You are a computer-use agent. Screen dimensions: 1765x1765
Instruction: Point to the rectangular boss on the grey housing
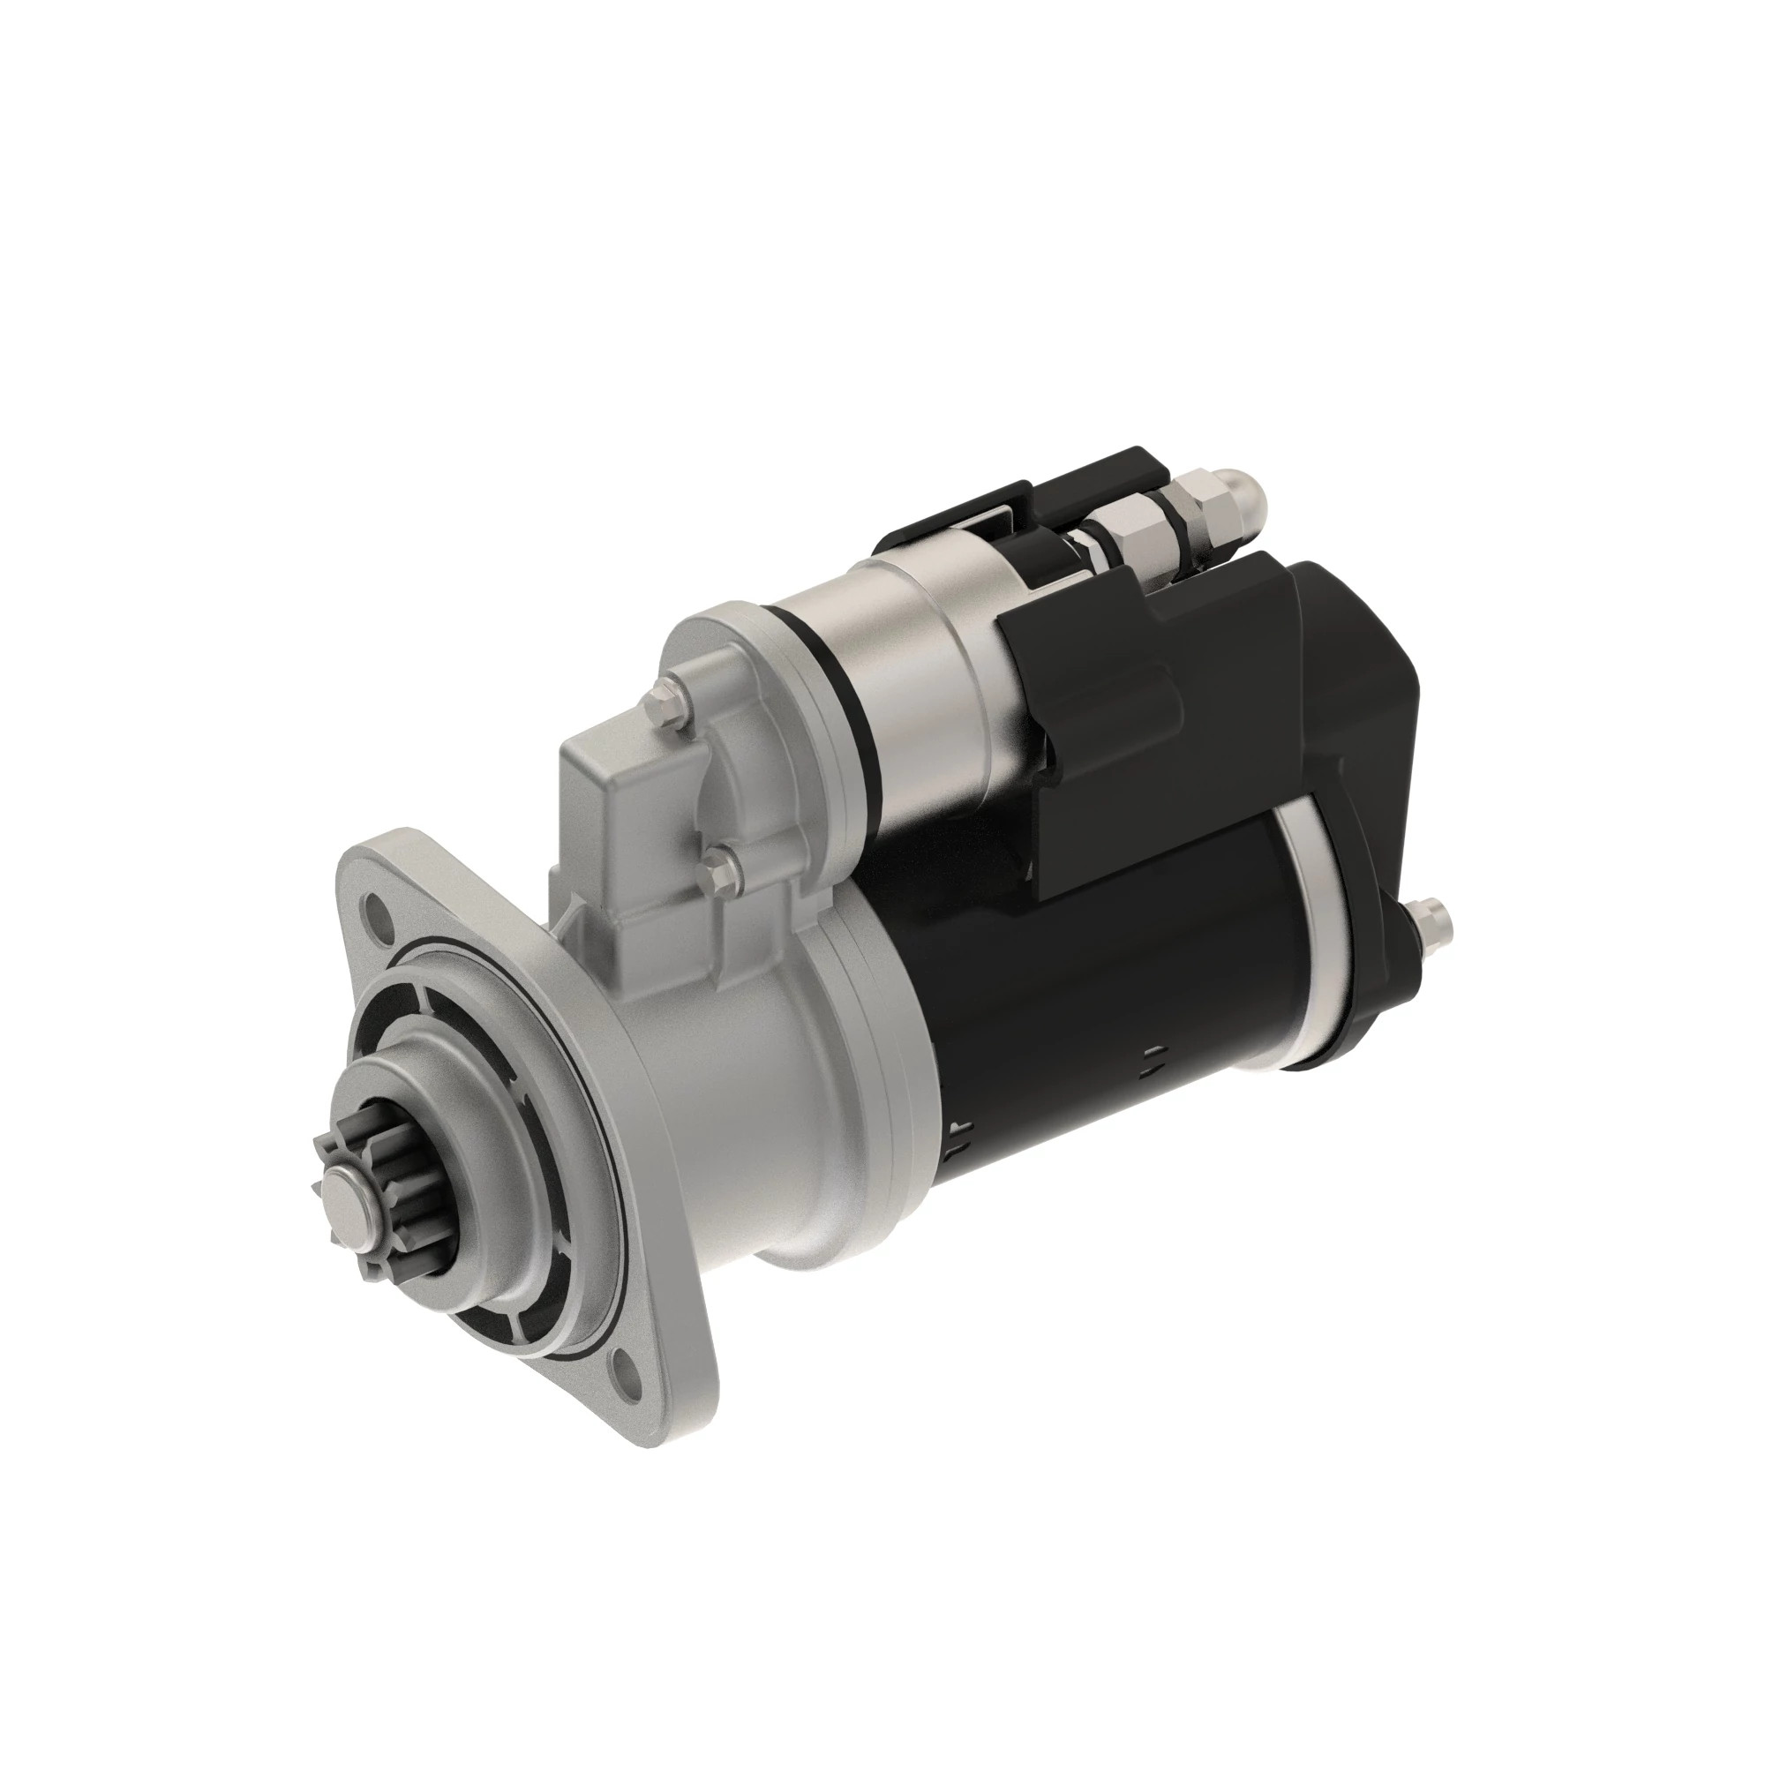[x=603, y=777]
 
